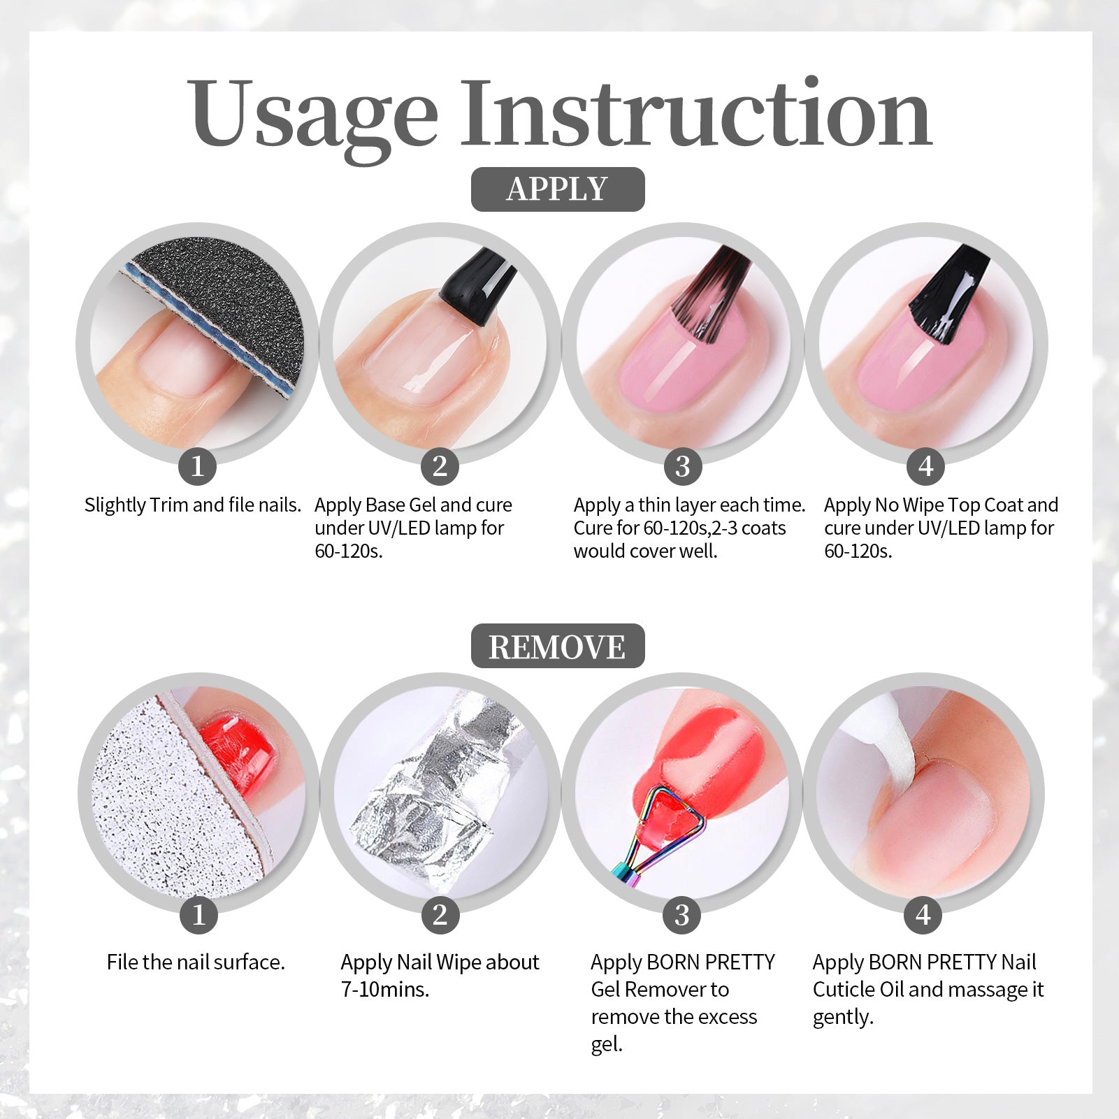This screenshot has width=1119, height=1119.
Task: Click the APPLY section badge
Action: pos(558,189)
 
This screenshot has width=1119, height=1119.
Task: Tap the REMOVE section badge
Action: pos(558,646)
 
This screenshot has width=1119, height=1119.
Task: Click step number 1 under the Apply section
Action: pos(197,465)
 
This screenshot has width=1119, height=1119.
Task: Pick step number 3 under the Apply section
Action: pos(683,465)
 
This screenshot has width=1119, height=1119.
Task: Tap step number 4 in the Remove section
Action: pos(924,914)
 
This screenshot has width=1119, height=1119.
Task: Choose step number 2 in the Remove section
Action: pos(440,914)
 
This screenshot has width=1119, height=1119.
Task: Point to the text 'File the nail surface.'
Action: pos(196,962)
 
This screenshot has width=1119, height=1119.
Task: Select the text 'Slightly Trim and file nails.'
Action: pos(193,505)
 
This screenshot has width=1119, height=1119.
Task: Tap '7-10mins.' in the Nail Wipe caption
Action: pos(385,990)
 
